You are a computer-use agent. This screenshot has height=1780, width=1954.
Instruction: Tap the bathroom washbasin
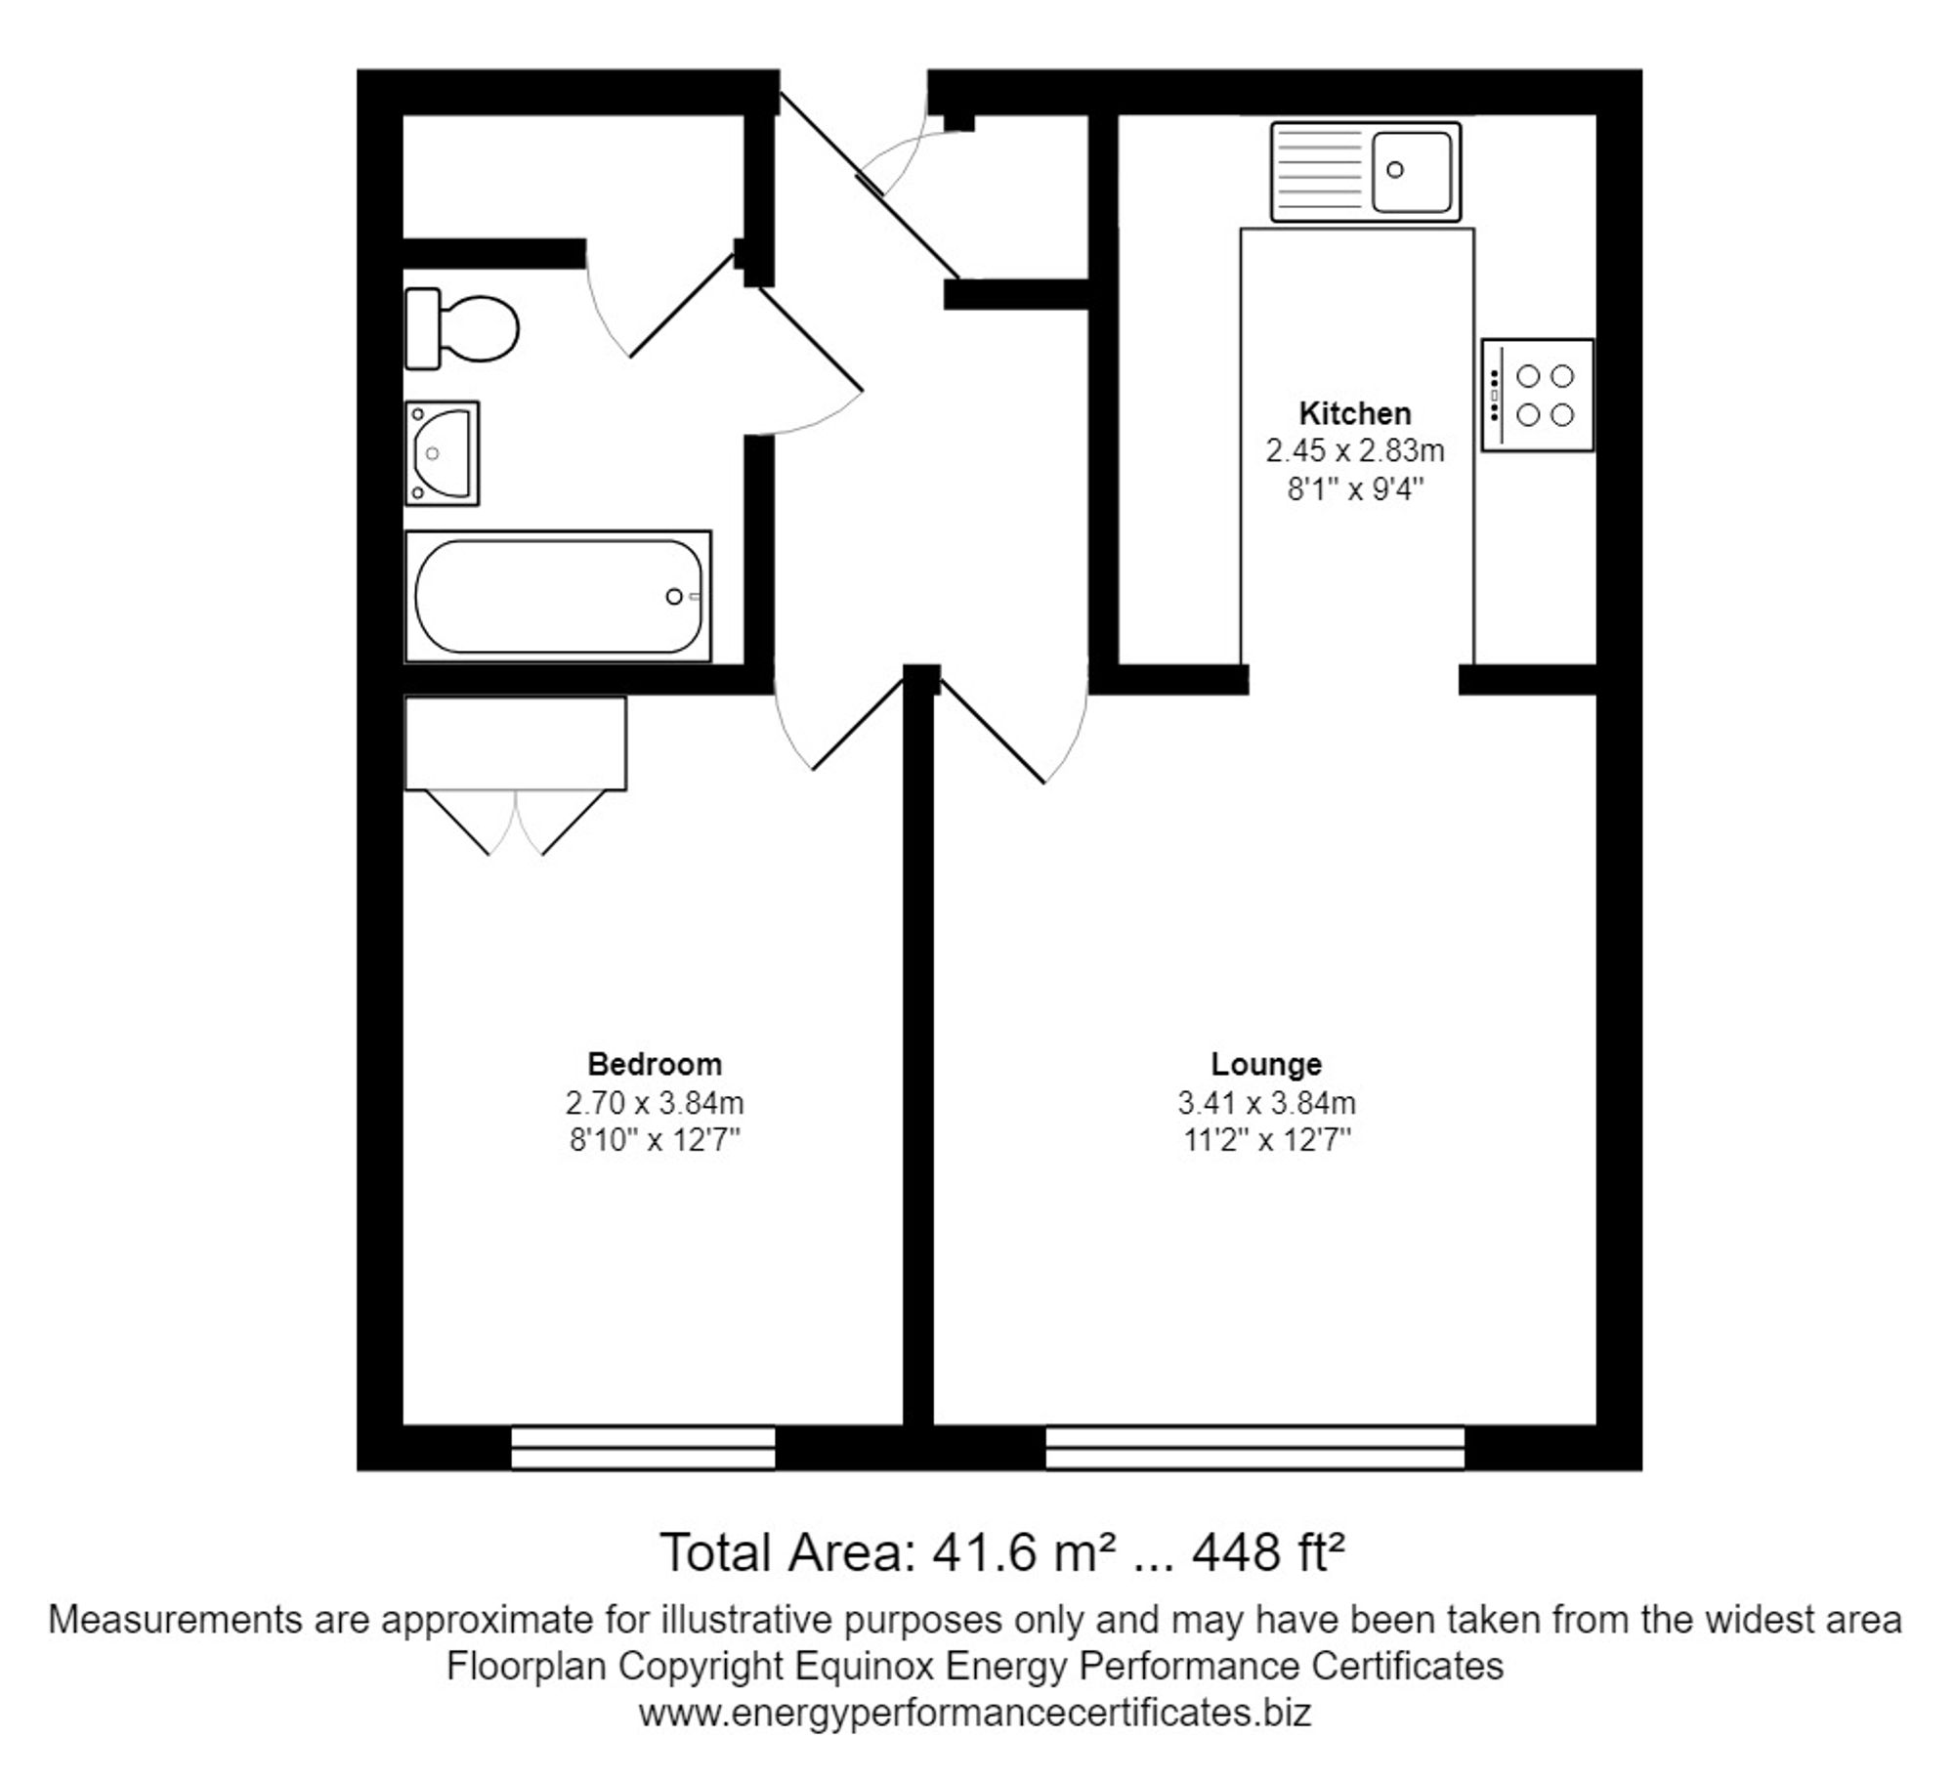(442, 453)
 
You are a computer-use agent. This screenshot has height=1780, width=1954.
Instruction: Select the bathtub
(558, 596)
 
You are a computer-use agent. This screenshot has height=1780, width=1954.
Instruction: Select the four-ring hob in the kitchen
(1537, 395)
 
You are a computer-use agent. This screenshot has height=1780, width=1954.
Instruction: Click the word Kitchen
(1354, 413)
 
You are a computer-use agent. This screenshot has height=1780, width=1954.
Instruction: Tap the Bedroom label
(654, 1064)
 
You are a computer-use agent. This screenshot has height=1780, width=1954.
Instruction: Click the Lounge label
(1266, 1064)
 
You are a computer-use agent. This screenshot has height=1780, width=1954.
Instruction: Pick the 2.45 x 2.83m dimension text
(1354, 450)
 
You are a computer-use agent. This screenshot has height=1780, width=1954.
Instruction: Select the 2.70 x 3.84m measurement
(654, 1103)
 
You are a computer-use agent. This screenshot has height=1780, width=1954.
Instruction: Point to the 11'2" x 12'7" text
(1266, 1140)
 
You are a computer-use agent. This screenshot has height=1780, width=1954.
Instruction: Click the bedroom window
(643, 1448)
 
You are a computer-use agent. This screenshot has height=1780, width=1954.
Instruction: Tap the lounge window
(1254, 1448)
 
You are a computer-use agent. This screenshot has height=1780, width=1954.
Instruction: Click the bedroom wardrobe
(515, 742)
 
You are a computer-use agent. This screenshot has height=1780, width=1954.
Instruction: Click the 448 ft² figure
(1268, 1552)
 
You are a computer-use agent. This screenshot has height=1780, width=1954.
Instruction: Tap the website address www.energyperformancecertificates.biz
(974, 1713)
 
